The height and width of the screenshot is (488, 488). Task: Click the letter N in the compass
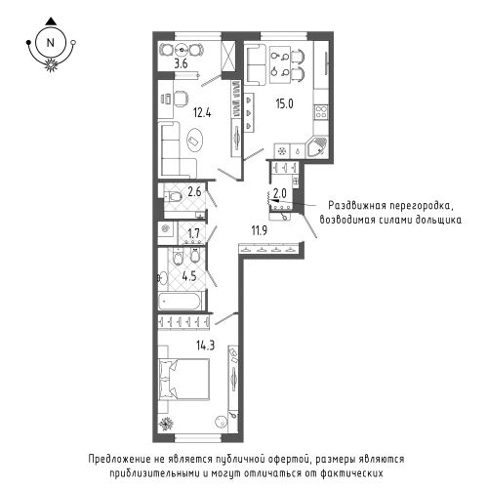point(50,43)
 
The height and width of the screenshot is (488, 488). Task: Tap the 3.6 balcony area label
point(181,63)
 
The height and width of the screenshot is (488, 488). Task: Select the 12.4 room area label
point(202,113)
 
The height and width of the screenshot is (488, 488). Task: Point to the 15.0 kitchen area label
point(285,103)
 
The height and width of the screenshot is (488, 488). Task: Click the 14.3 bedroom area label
point(205,345)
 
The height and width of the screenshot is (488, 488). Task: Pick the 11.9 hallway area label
point(259,230)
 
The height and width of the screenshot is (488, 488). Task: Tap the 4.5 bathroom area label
point(189,276)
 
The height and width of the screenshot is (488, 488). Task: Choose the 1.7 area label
point(193,233)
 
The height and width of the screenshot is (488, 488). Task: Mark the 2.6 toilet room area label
point(194,192)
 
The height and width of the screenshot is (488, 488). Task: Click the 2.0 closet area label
point(280,194)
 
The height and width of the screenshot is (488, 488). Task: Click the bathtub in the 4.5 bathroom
point(182,301)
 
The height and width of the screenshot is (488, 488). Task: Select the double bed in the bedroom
point(183,378)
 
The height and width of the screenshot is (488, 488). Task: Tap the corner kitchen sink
point(317,147)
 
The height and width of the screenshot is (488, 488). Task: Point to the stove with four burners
point(321,112)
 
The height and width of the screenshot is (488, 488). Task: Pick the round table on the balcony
point(181,50)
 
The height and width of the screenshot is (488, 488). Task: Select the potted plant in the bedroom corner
point(166,424)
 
